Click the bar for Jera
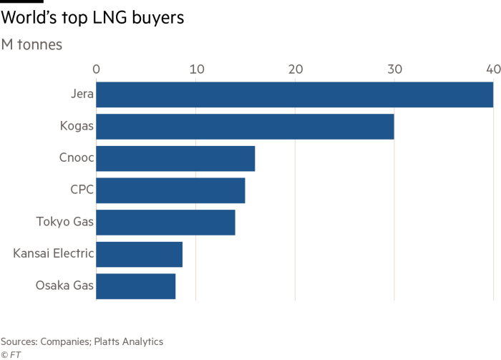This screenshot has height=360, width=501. tap(294, 95)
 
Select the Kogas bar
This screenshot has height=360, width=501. tap(245, 127)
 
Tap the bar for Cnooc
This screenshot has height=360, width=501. tap(175, 159)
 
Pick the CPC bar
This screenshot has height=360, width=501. tap(170, 190)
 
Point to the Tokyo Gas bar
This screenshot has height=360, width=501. tap(165, 223)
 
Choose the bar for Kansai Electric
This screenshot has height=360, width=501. tap(140, 254)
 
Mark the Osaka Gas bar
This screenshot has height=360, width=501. tap(136, 286)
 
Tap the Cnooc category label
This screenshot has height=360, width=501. tap(71, 159)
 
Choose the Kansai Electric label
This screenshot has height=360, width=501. tap(49, 254)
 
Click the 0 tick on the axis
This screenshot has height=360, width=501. tap(97, 69)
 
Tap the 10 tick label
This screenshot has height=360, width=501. tap(196, 69)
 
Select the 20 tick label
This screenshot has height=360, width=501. tap(295, 69)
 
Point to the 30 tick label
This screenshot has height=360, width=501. tap(394, 69)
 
